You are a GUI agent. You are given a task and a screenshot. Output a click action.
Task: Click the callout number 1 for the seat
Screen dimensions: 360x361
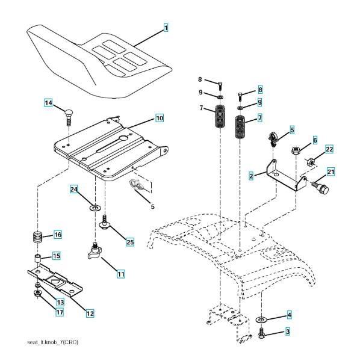pos(166,28)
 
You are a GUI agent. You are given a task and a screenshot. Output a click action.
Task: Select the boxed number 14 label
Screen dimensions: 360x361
pos(48,103)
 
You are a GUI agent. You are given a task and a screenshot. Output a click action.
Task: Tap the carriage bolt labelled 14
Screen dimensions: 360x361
pos(68,117)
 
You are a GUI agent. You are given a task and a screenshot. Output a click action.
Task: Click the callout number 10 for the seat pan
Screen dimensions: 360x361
pos(160,118)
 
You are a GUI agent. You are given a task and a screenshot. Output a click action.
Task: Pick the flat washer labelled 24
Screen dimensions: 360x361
pos(95,208)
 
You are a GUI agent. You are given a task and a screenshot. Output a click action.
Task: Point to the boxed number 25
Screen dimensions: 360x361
pos(130,242)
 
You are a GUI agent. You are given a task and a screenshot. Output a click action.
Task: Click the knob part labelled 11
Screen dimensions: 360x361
pos(95,251)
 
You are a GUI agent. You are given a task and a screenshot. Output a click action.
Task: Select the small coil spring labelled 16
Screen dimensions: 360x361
pos(38,237)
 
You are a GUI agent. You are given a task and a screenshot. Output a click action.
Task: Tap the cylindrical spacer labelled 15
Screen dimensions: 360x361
pos(37,259)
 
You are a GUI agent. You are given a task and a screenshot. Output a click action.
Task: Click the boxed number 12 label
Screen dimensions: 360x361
pos(90,313)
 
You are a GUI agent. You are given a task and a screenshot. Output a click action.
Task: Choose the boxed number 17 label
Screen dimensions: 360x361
pos(60,312)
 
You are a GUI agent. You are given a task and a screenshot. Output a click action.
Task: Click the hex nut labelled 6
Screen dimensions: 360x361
pos(295,150)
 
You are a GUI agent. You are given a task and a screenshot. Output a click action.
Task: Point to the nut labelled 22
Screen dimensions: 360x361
pos(311,162)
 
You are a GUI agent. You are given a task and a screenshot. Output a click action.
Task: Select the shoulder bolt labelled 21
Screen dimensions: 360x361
pos(321,189)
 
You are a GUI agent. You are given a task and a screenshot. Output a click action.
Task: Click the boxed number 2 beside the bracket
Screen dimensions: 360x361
pos(251,176)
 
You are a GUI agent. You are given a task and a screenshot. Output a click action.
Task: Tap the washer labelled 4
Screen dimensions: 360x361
pos(261,319)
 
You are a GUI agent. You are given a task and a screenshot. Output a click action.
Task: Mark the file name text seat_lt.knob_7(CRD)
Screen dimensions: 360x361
pos(53,342)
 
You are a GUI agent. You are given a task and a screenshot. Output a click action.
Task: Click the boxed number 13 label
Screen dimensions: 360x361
pos(60,302)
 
